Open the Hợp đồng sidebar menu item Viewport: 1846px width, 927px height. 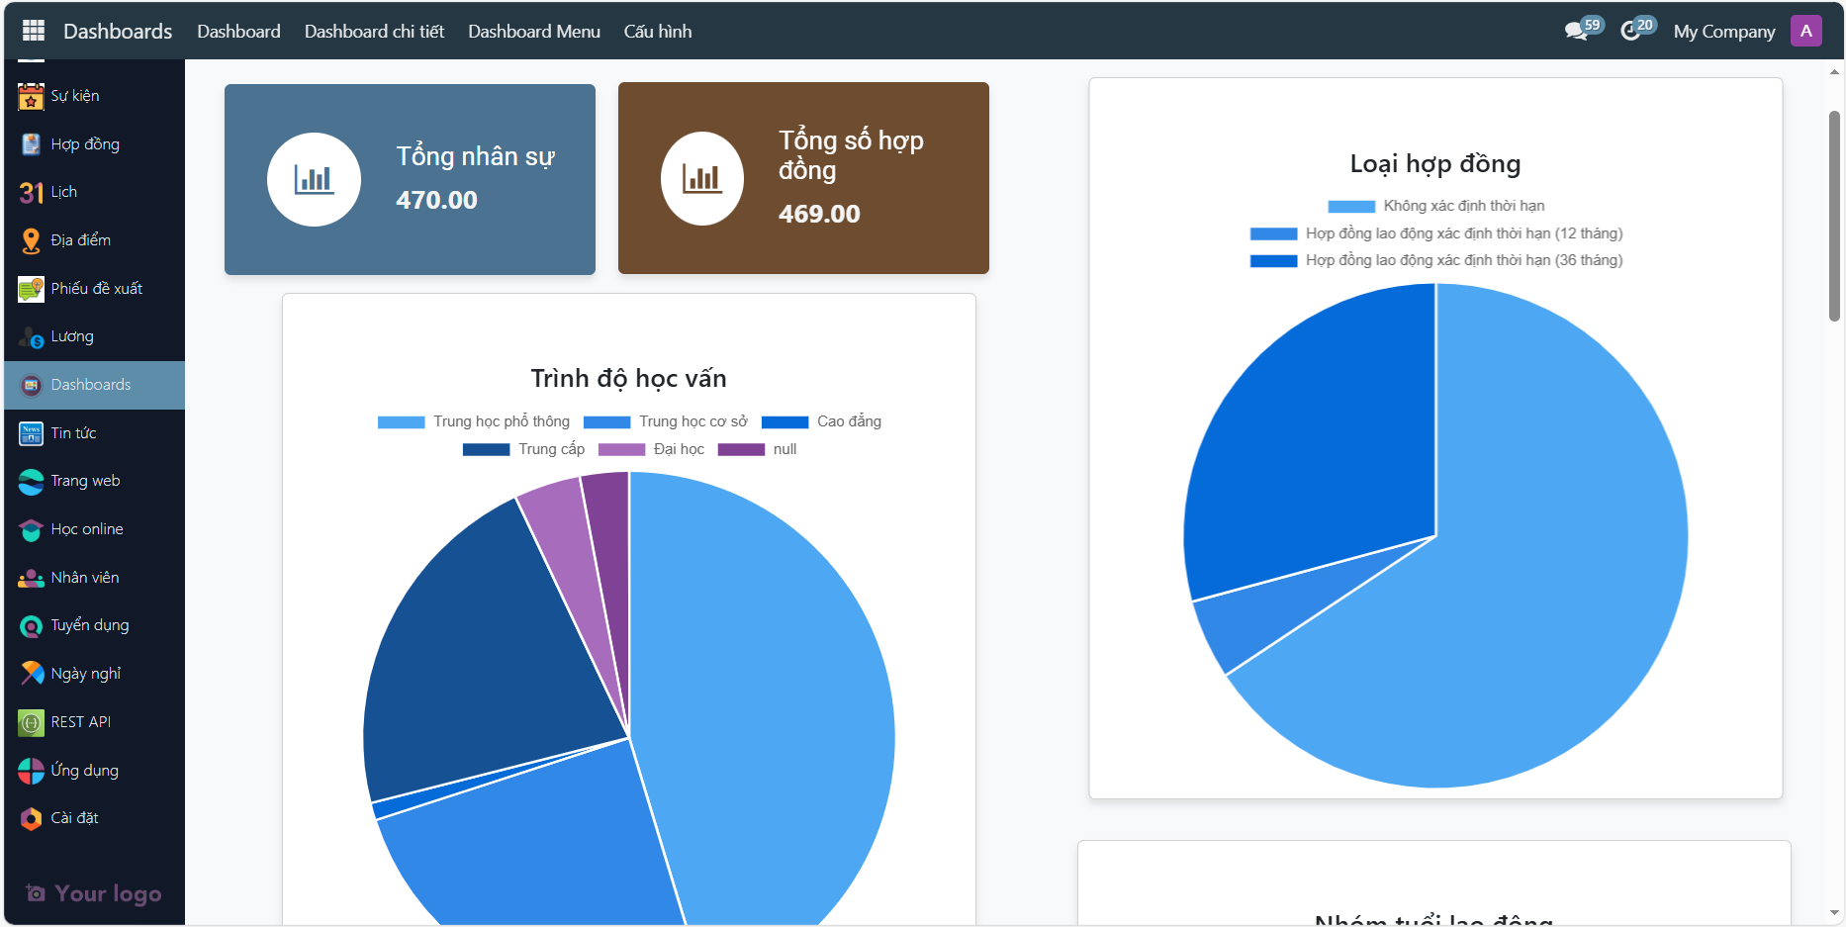(x=84, y=144)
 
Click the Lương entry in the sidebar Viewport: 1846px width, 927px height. (x=71, y=336)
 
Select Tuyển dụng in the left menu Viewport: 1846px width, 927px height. (x=89, y=625)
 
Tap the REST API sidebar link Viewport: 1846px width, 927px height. (x=80, y=722)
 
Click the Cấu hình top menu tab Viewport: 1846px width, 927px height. (x=657, y=32)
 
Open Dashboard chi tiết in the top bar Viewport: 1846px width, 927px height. (x=374, y=32)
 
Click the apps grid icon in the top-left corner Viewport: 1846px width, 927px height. (x=34, y=31)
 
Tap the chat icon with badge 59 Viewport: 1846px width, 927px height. (x=1577, y=32)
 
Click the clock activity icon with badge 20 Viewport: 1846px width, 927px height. (x=1631, y=32)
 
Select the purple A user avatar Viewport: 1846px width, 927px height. (x=1805, y=31)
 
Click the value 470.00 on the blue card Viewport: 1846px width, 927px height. (x=436, y=200)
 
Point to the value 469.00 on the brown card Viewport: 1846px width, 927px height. (x=818, y=214)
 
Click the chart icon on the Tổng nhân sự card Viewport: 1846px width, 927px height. (x=314, y=179)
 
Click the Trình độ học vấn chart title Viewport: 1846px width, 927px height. (x=628, y=378)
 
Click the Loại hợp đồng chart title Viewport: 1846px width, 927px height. (x=1434, y=164)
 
